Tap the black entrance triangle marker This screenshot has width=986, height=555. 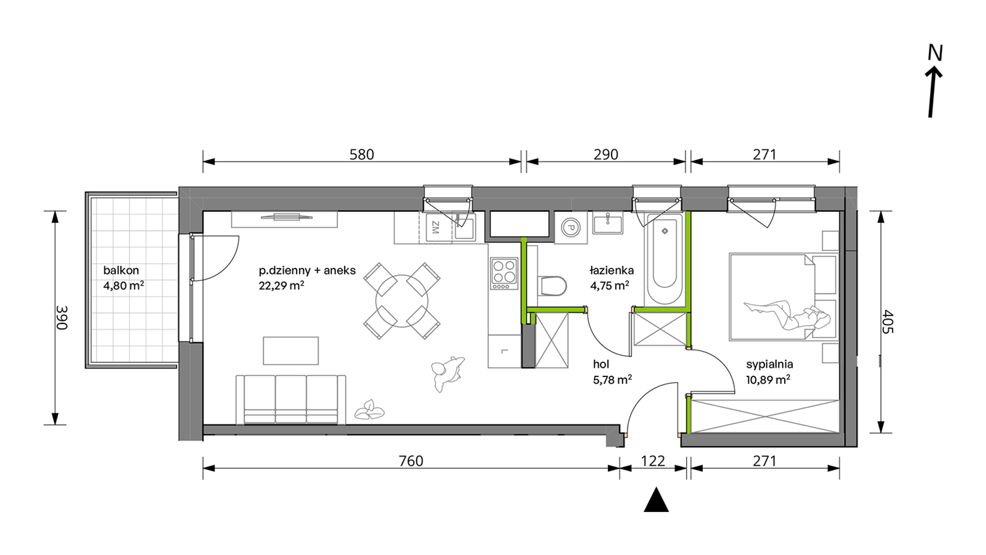click(x=656, y=499)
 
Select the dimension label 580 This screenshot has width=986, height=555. click(x=362, y=155)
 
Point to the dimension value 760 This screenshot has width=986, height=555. click(x=411, y=461)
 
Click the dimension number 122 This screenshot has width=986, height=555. click(x=653, y=461)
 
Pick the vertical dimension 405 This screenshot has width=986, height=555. click(x=888, y=322)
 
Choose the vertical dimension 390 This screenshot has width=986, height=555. click(x=62, y=318)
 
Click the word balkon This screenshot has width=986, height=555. click(x=121, y=270)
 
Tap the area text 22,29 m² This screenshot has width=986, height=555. click(x=281, y=285)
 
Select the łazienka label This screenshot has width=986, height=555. click(x=611, y=270)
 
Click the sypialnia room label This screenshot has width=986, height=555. click(x=769, y=364)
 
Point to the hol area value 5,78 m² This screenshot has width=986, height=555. click(x=612, y=380)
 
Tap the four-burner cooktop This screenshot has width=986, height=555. click(x=504, y=274)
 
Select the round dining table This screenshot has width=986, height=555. click(x=402, y=301)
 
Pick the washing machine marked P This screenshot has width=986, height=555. click(x=571, y=227)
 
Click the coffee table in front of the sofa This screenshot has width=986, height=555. click(x=291, y=350)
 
